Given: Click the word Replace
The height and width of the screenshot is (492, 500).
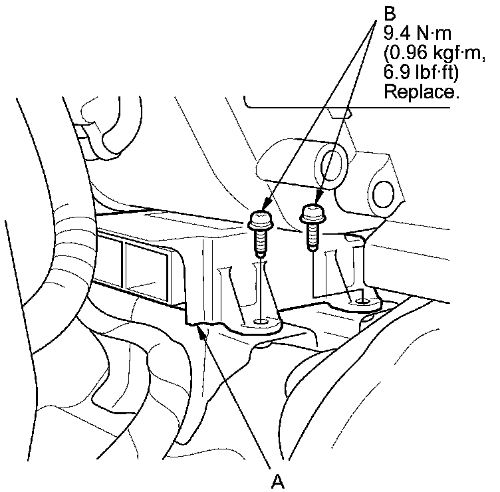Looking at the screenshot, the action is pos(422,92).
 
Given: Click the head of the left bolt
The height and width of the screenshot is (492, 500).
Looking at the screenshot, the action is pos(259,221).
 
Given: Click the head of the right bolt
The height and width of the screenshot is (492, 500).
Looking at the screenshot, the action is pos(312,213).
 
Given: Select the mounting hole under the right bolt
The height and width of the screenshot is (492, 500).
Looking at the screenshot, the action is pos(361,302).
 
